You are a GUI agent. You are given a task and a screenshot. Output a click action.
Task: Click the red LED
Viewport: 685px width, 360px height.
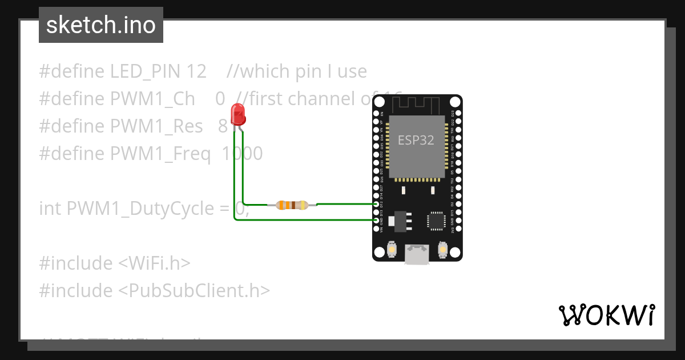click(238, 114)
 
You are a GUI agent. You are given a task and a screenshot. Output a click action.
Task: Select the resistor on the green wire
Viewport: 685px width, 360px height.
click(292, 205)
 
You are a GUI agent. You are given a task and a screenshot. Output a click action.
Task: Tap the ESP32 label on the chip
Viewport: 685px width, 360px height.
click(416, 141)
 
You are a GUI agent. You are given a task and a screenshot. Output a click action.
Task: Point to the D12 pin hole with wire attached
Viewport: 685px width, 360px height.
click(376, 204)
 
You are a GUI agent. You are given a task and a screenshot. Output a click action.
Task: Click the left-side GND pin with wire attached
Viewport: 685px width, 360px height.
click(376, 220)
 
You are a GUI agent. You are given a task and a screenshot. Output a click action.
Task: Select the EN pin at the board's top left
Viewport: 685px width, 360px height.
click(376, 114)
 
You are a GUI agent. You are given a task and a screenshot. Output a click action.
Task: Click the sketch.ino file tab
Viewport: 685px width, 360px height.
click(101, 25)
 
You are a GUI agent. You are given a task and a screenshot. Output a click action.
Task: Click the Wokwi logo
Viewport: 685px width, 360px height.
click(606, 315)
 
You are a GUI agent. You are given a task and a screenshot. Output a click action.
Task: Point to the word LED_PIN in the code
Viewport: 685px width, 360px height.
click(146, 71)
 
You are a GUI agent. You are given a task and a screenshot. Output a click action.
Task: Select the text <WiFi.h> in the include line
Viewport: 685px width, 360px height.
click(154, 263)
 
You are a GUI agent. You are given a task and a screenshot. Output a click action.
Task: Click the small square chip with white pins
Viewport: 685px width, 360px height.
click(437, 221)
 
